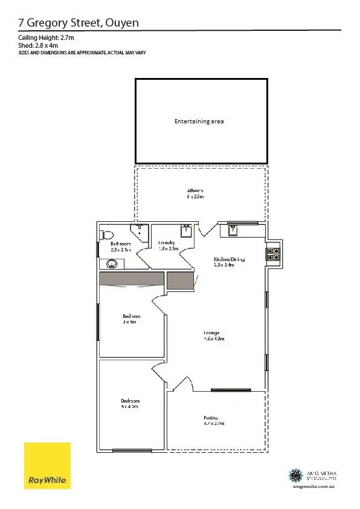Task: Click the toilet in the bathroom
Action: tap(106, 235)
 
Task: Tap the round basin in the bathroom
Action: tap(112, 264)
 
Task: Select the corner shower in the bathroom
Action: tap(141, 232)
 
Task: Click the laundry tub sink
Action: tap(187, 230)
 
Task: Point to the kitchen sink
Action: tap(233, 229)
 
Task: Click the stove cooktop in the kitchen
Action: tap(272, 254)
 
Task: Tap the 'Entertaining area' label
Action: tap(199, 122)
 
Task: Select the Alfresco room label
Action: tap(196, 193)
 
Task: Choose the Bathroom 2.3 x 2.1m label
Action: tap(120, 246)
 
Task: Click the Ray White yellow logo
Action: tap(47, 465)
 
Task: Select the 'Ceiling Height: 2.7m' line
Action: tap(47, 38)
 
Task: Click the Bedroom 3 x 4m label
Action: tap(132, 319)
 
